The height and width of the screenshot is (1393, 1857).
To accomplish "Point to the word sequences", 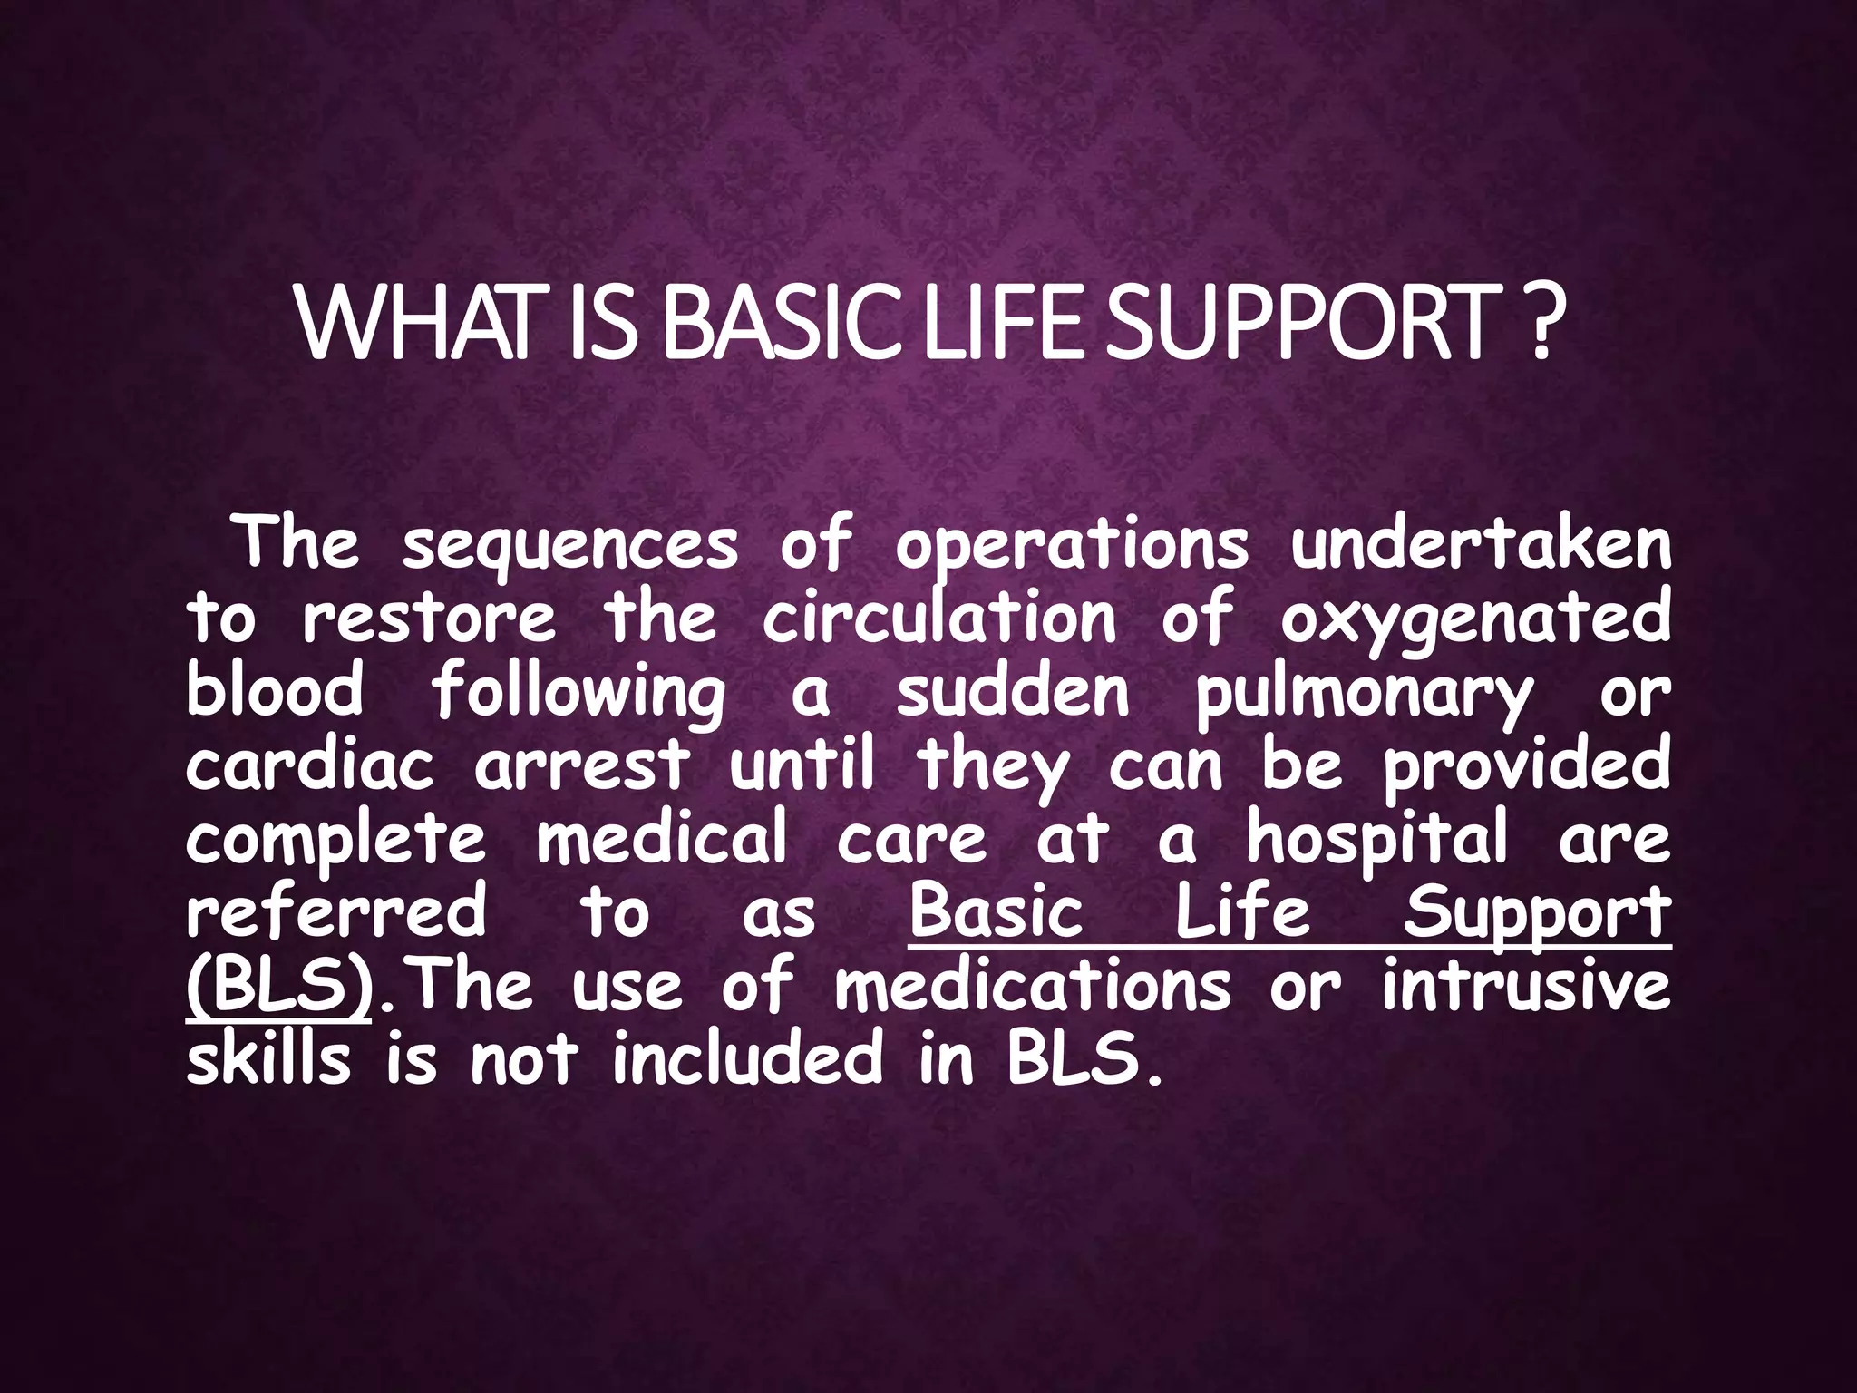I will click(x=569, y=547).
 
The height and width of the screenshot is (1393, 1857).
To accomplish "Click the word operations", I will click(x=1071, y=547).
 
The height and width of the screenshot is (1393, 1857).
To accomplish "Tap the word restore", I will click(x=428, y=619).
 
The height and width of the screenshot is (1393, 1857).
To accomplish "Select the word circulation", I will click(x=939, y=619).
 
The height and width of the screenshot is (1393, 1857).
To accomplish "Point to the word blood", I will click(x=275, y=691).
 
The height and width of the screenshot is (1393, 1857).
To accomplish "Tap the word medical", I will click(x=661, y=838).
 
